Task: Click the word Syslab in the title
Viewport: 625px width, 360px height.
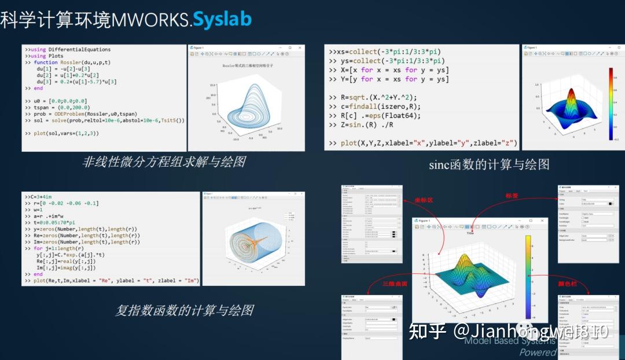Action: [222, 19]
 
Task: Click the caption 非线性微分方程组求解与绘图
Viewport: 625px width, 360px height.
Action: [164, 161]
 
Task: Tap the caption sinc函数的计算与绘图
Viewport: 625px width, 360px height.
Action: [489, 164]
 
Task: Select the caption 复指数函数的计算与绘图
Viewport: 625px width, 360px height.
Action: [184, 310]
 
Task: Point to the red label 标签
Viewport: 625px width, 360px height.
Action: [513, 196]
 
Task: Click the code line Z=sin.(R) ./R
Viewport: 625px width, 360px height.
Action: [368, 125]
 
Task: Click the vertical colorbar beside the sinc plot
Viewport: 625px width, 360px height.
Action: [610, 104]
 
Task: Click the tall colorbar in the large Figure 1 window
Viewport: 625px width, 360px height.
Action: [527, 271]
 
